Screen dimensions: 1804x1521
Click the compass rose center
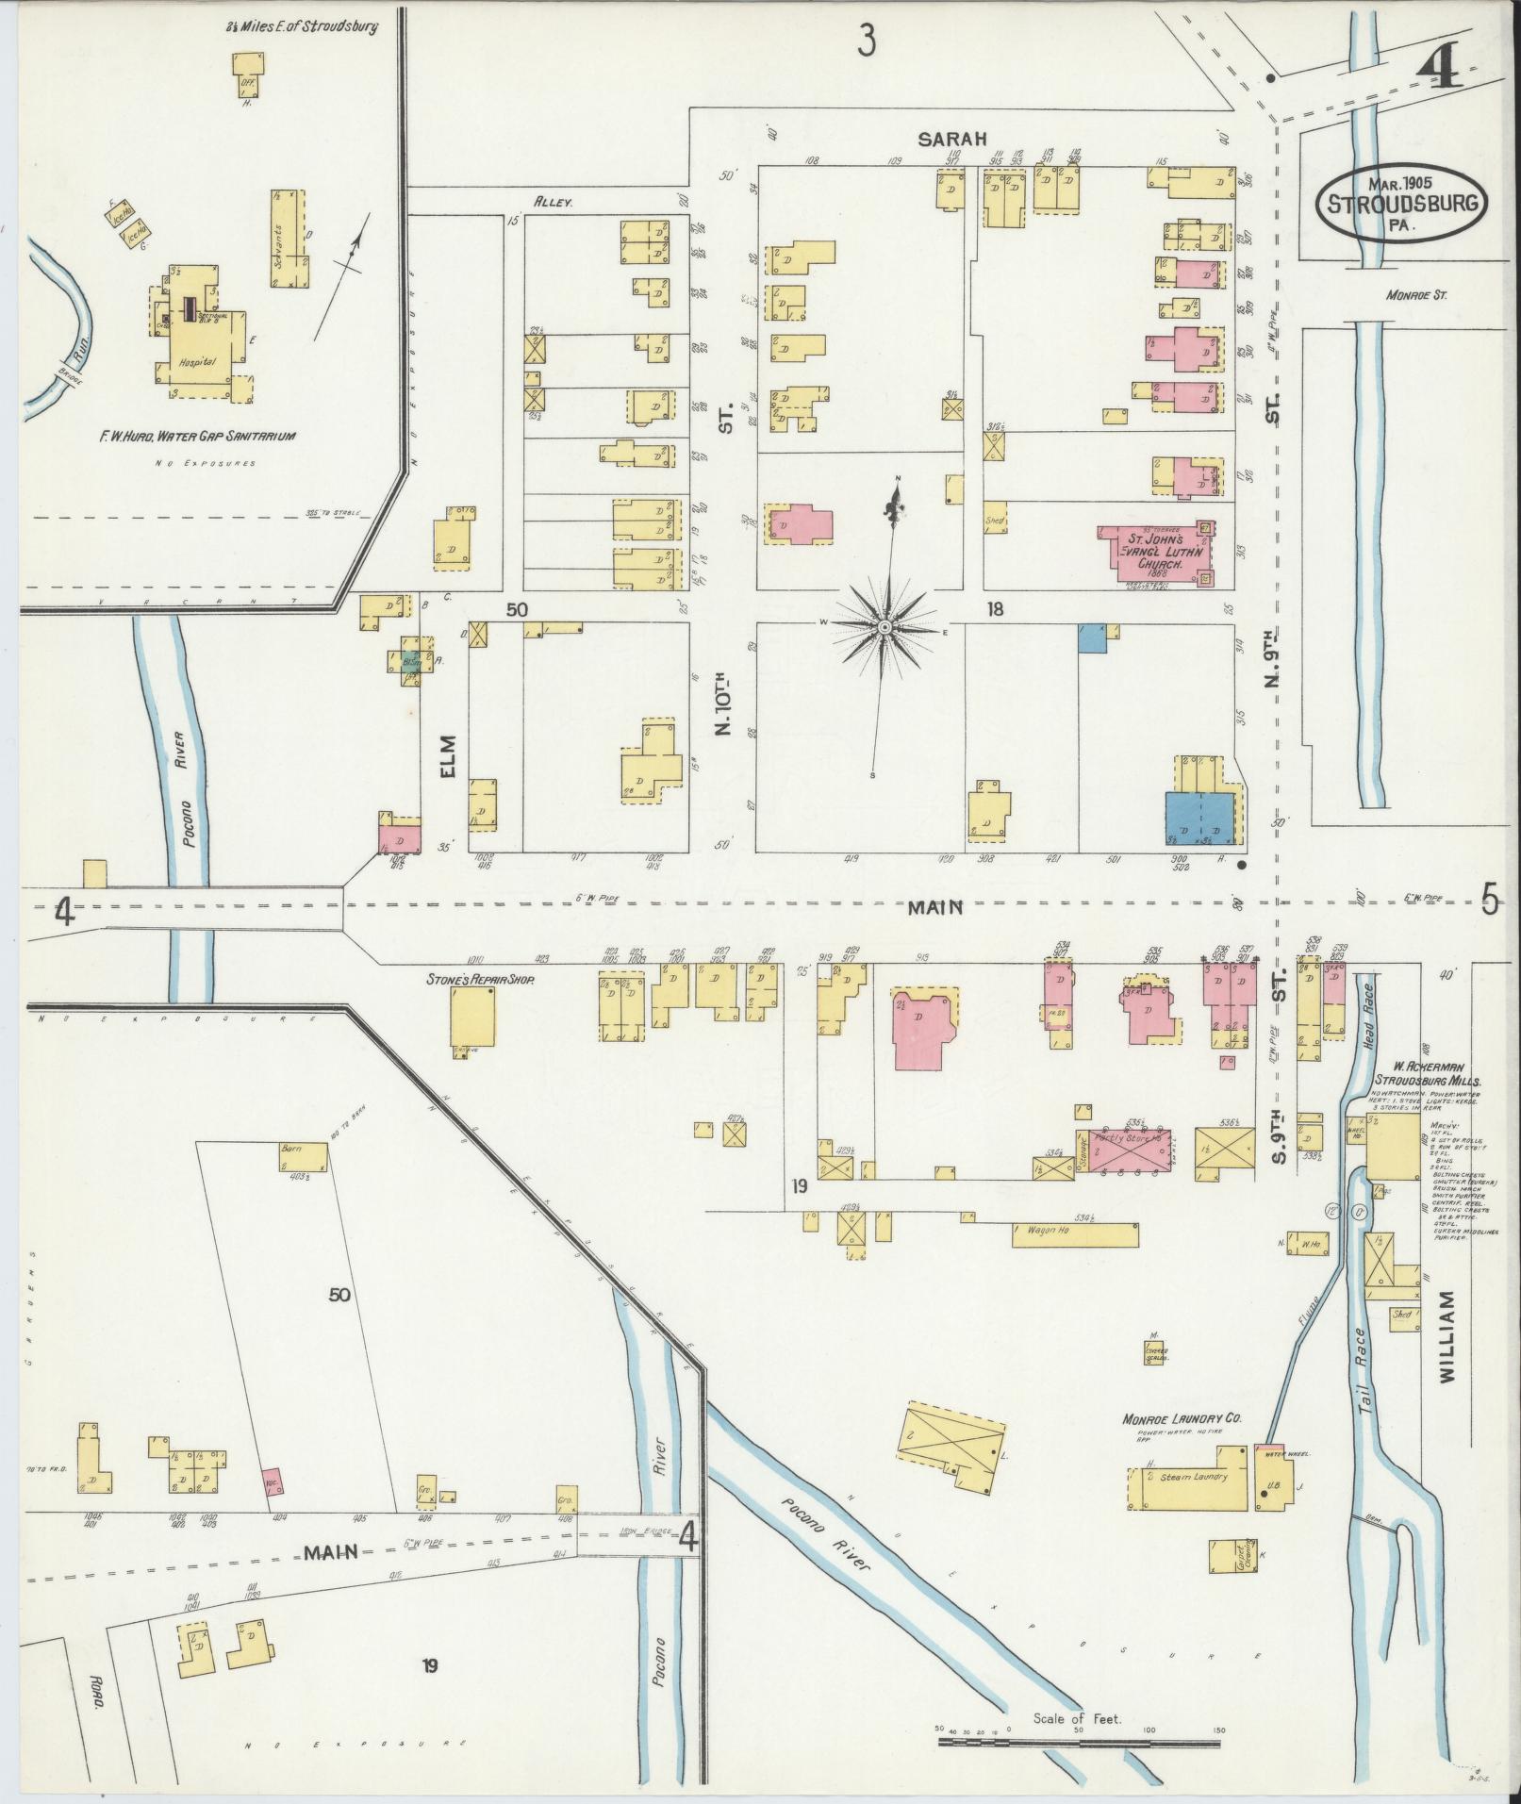tap(885, 628)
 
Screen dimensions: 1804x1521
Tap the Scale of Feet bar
tap(1079, 1742)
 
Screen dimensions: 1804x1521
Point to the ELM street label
tap(447, 756)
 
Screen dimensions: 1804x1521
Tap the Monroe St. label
tap(1416, 295)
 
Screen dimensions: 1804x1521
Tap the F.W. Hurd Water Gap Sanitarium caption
tap(199, 437)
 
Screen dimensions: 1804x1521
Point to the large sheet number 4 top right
tap(1439, 68)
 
